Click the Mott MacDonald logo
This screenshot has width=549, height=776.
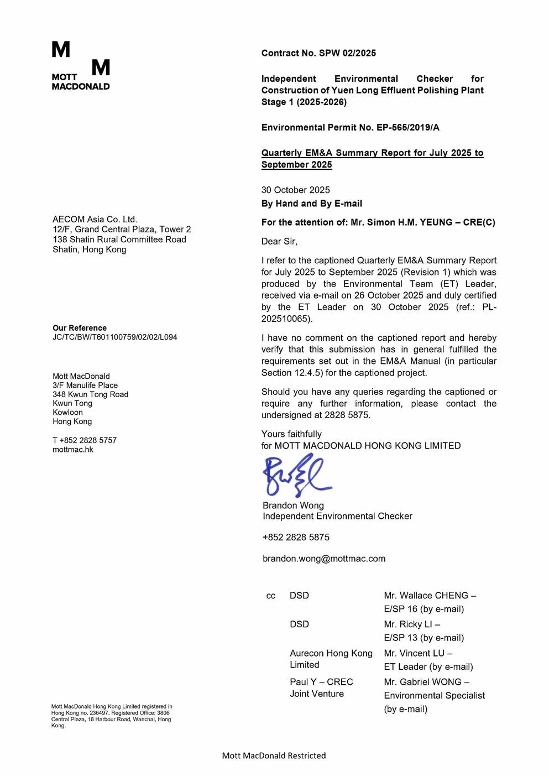click(81, 65)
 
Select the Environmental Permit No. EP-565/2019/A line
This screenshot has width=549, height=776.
click(350, 127)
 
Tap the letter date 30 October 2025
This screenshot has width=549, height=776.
click(295, 190)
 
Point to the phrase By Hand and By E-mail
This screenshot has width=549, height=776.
click(311, 204)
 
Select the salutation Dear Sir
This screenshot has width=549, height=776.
click(279, 241)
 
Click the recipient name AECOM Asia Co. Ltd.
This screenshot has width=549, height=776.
click(95, 219)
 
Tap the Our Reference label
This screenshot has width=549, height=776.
click(80, 328)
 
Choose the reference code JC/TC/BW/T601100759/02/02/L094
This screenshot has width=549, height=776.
click(114, 337)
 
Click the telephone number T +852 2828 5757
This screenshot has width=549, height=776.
click(85, 440)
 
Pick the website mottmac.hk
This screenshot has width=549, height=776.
click(73, 449)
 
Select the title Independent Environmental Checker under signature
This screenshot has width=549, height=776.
click(337, 516)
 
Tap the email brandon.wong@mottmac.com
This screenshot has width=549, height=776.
click(324, 559)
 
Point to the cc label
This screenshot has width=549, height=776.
click(271, 596)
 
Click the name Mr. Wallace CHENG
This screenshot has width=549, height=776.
click(426, 596)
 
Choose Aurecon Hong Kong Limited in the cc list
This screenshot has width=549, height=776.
click(331, 659)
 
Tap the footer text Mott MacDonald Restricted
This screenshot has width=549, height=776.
click(274, 756)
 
